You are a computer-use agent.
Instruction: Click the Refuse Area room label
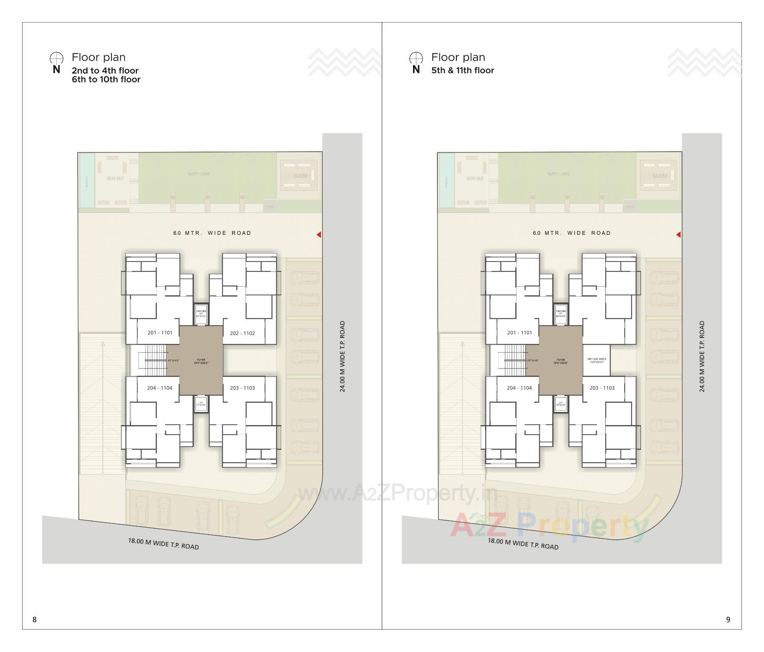pyautogui.click(x=596, y=360)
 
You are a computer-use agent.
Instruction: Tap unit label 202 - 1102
pyautogui.click(x=242, y=333)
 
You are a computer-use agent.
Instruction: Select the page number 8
pyautogui.click(x=35, y=619)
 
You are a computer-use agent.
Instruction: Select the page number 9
pyautogui.click(x=728, y=619)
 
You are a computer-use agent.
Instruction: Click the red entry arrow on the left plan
pyautogui.click(x=319, y=235)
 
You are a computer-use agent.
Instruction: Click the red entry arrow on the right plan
pyautogui.click(x=678, y=235)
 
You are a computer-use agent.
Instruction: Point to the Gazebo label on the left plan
pyautogui.click(x=300, y=176)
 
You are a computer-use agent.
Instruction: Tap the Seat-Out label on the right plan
pyautogui.click(x=475, y=178)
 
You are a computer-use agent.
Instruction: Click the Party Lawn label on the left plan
pyautogui.click(x=199, y=174)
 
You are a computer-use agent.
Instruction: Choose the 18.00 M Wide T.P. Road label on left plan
pyautogui.click(x=163, y=544)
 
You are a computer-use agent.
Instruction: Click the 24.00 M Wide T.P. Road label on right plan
pyautogui.click(x=702, y=356)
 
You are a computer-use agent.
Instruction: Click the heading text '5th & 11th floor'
pyautogui.click(x=462, y=70)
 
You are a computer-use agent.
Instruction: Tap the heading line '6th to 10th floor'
pyautogui.click(x=106, y=79)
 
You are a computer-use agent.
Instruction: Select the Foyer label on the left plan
pyautogui.click(x=201, y=361)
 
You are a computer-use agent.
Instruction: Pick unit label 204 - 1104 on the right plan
pyautogui.click(x=519, y=388)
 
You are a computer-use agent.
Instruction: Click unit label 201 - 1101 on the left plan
pyautogui.click(x=160, y=333)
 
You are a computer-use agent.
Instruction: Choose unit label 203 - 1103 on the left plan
pyautogui.click(x=242, y=388)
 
